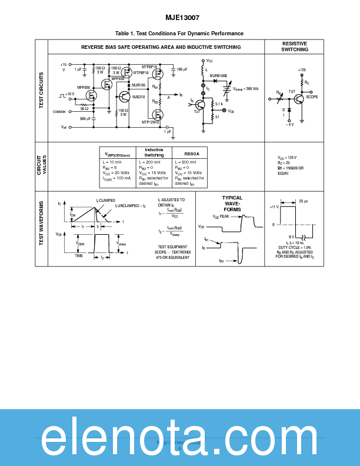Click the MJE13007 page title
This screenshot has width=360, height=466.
(x=179, y=18)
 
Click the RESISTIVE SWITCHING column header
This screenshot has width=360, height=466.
(x=295, y=46)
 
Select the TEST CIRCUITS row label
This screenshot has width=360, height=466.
(x=41, y=90)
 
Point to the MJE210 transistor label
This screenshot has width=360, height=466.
(x=138, y=96)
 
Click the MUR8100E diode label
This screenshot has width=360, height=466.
(x=218, y=76)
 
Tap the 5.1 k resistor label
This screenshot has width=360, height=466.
(x=219, y=104)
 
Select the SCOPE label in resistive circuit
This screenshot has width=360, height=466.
(x=312, y=96)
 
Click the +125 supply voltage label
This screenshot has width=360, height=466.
(x=302, y=69)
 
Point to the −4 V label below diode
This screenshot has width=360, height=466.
(x=289, y=125)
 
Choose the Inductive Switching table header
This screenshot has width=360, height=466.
(x=154, y=152)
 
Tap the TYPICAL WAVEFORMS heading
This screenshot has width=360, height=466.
(x=232, y=204)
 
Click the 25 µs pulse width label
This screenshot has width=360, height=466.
(x=304, y=201)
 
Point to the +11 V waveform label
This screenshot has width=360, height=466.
(x=274, y=207)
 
